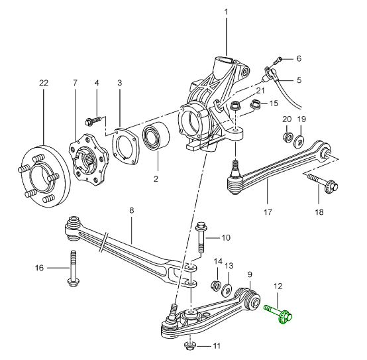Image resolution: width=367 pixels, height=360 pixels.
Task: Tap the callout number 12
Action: click(278, 286)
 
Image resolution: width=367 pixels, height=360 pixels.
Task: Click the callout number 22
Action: click(44, 83)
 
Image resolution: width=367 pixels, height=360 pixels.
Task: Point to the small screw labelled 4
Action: click(93, 121)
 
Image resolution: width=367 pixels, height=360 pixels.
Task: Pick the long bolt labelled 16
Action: click(74, 269)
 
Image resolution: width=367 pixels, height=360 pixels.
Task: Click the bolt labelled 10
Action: click(201, 237)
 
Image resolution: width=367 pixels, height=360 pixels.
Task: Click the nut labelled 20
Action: click(288, 137)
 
